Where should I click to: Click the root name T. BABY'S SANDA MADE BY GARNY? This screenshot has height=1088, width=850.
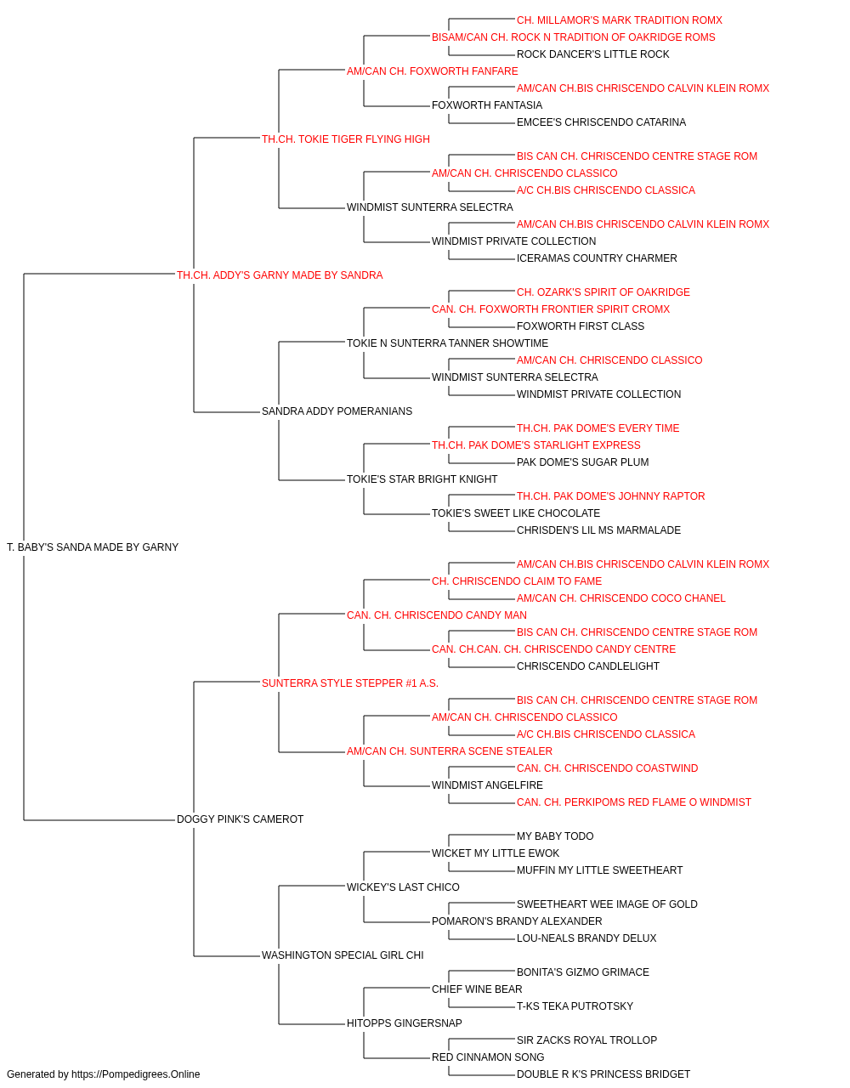coord(93,547)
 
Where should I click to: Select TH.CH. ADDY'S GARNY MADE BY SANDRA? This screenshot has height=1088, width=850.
coord(280,275)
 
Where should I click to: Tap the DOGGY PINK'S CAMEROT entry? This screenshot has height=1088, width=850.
coord(240,819)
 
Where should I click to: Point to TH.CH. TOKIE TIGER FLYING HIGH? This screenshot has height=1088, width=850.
coord(345,139)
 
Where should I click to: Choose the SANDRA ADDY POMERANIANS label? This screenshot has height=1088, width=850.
coord(337,411)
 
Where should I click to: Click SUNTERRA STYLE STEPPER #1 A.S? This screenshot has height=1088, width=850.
coord(350,683)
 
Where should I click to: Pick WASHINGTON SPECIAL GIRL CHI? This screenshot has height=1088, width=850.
coord(343,955)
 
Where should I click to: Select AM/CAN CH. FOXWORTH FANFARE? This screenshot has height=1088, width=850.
coord(432,71)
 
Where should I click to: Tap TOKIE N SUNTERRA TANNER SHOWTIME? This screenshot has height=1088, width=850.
coord(447,343)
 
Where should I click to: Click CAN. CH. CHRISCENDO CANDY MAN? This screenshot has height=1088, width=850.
coord(437,615)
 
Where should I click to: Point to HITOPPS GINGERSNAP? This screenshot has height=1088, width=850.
coord(404,1023)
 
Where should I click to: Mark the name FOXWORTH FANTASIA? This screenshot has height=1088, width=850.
coord(486,105)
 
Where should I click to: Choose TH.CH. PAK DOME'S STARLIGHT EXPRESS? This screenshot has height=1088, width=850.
coord(535,445)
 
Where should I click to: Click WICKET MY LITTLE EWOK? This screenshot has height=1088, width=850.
coord(495,853)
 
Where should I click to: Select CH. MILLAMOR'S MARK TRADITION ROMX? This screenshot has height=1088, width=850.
coord(620,20)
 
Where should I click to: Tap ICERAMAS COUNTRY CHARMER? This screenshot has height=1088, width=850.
coord(597,258)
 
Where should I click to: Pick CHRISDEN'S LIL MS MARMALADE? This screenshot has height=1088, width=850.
coord(598,530)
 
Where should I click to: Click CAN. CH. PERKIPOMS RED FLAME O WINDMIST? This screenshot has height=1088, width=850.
coord(634,802)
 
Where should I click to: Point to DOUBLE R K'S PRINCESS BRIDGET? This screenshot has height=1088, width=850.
coord(603,1074)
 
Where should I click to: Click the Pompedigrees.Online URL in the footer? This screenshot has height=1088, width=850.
coord(135,1074)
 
